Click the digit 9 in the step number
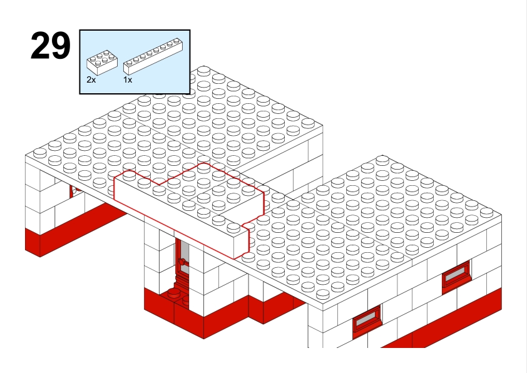click(61, 46)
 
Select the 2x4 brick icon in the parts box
click(102, 63)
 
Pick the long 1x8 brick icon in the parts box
click(153, 56)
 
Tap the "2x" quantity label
click(91, 80)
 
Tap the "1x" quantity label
click(128, 80)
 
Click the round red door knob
click(183, 262)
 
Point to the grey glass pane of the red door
click(185, 255)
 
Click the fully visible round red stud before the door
click(174, 293)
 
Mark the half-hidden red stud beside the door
click(185, 300)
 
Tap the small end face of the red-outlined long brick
click(242, 243)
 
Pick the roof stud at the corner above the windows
click(487, 212)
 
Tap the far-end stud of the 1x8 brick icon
click(177, 41)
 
